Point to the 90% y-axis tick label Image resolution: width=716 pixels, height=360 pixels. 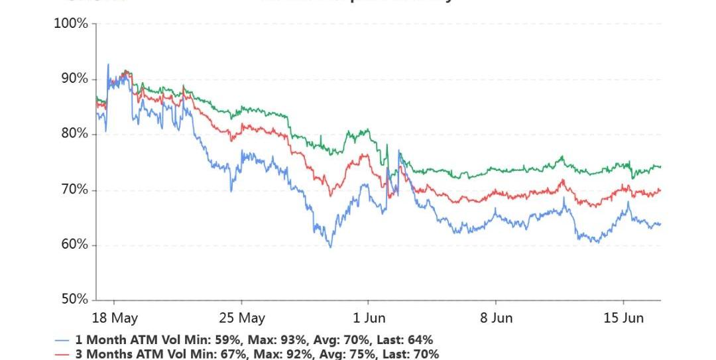click(72, 79)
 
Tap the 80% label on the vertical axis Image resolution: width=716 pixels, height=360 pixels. click(72, 134)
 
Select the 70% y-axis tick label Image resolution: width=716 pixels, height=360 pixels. click(72, 190)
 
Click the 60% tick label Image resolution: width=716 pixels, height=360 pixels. click(72, 245)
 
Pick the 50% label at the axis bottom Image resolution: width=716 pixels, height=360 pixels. click(72, 300)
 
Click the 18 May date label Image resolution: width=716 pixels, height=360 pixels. click(114, 318)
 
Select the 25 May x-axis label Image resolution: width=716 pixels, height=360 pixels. click(241, 318)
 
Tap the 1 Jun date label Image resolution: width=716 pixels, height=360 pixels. click(369, 318)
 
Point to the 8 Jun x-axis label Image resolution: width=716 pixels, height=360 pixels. click(496, 318)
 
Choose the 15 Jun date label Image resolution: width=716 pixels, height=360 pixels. click(623, 318)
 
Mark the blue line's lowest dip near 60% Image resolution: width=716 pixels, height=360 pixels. click(330, 247)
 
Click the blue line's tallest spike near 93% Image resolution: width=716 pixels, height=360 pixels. click(108, 64)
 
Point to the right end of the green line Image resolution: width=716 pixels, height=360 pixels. click(660, 166)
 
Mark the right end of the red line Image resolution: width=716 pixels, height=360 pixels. click(660, 190)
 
